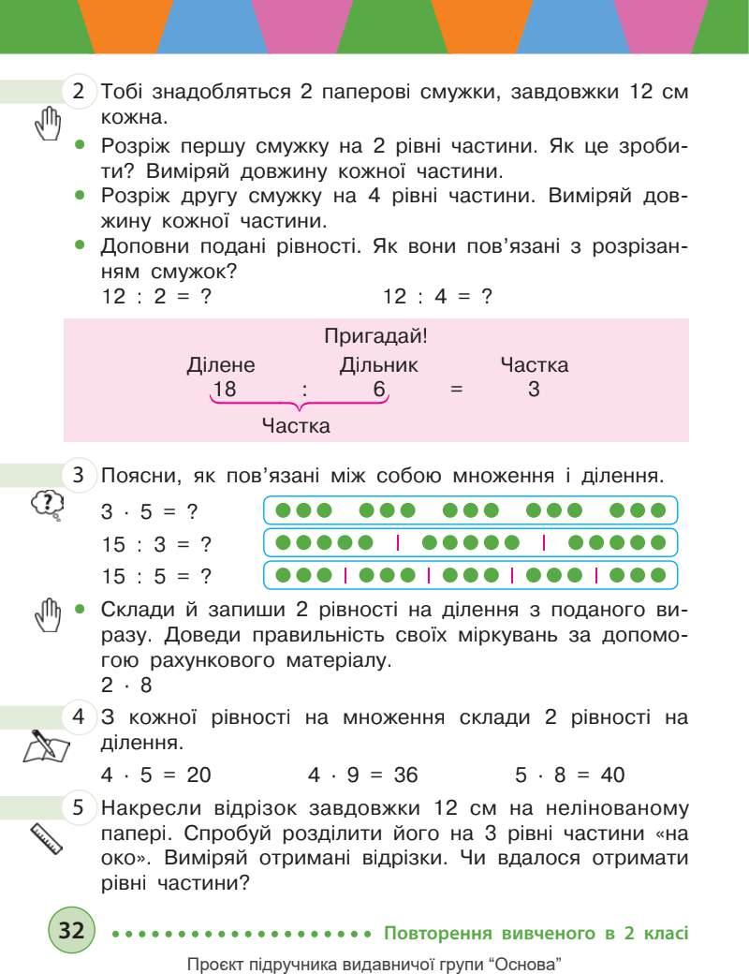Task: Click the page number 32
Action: click(71, 931)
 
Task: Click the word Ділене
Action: click(221, 365)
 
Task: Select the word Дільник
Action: click(378, 365)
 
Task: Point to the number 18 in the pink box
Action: click(224, 390)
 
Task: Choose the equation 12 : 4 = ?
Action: click(438, 296)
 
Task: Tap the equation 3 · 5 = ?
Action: click(155, 513)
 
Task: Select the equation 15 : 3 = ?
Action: click(155, 543)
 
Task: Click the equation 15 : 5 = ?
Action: click(155, 574)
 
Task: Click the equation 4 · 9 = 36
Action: click(362, 775)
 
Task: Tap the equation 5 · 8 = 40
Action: click(569, 775)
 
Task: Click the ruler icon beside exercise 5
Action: click(46, 837)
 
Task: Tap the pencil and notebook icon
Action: click(46, 747)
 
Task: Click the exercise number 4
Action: click(80, 718)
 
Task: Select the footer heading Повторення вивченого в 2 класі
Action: click(536, 933)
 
